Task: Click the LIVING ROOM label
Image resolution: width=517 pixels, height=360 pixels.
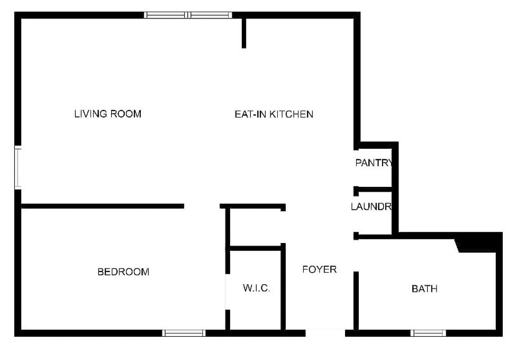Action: tap(108, 114)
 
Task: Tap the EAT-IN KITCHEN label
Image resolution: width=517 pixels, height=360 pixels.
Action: tap(274, 114)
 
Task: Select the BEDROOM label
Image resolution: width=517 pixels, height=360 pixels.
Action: tap(123, 272)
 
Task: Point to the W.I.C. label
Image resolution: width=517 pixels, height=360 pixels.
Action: tap(257, 288)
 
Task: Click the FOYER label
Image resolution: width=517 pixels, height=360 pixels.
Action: tap(320, 269)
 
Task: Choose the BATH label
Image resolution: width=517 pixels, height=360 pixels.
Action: tap(425, 289)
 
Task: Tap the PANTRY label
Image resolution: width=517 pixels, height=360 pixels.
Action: tap(374, 163)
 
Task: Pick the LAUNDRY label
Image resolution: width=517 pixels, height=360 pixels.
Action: tap(371, 206)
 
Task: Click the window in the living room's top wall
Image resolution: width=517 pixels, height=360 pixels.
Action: tap(188, 15)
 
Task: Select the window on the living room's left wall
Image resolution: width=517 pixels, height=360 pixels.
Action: tap(18, 168)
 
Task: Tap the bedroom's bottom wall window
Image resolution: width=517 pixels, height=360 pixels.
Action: tap(184, 333)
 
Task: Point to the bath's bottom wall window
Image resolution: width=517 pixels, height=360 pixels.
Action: tap(428, 333)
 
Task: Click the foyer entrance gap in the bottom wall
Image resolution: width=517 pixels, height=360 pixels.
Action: tap(325, 333)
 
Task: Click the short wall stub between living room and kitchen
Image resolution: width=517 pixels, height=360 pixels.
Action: tap(244, 33)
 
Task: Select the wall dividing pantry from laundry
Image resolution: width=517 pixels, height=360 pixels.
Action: tap(373, 190)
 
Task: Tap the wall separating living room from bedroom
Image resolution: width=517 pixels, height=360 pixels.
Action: tap(103, 206)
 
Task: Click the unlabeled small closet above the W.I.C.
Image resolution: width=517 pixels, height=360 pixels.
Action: tap(255, 227)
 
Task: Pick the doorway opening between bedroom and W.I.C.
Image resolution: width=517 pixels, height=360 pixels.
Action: tap(227, 292)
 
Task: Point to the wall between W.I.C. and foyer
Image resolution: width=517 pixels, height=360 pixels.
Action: tap(283, 287)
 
